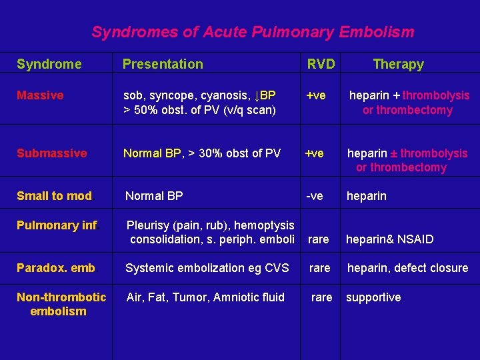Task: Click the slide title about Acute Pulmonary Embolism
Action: click(x=253, y=32)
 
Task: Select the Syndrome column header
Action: click(x=49, y=64)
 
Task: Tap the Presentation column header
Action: click(x=163, y=64)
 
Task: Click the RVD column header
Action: click(x=321, y=64)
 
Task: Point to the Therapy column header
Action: click(x=398, y=64)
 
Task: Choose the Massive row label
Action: click(x=40, y=95)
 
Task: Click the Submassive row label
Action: click(x=51, y=153)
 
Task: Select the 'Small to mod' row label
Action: click(x=55, y=196)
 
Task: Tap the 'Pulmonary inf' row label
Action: click(x=57, y=225)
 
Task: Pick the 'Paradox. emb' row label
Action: click(x=56, y=268)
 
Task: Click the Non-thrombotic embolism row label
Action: click(x=61, y=304)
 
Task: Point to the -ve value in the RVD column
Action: click(x=314, y=196)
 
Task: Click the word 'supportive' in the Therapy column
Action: click(x=373, y=297)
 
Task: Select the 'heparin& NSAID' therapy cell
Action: click(x=389, y=239)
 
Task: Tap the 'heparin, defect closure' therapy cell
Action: click(x=407, y=268)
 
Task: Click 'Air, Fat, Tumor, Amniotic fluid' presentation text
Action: click(x=205, y=297)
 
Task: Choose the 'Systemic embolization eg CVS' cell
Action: click(x=207, y=268)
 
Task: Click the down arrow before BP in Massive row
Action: click(x=258, y=95)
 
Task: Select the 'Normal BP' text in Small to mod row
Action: click(x=154, y=196)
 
